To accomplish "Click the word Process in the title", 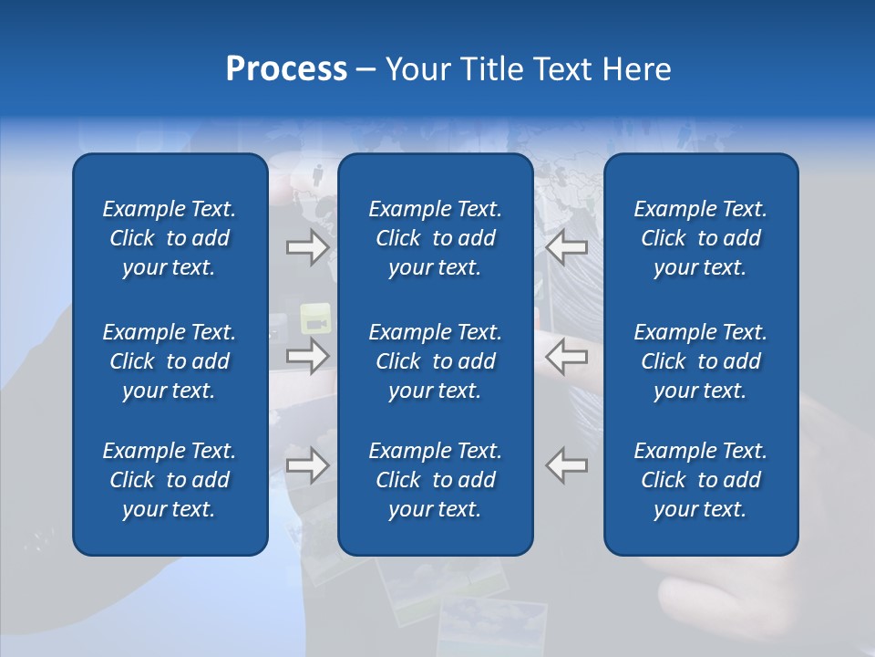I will [x=286, y=69].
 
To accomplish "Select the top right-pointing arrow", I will [x=307, y=247].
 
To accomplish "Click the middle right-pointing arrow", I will [x=307, y=355].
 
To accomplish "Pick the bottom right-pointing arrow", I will [x=307, y=465].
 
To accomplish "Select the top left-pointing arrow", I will [x=567, y=247].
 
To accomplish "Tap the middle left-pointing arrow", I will [x=567, y=355].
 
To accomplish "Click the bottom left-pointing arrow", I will [x=567, y=465].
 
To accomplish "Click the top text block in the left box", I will [x=170, y=238].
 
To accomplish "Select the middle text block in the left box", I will [x=170, y=361].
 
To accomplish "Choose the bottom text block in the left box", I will [x=170, y=480].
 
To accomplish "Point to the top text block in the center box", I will [x=436, y=238].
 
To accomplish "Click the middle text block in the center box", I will [x=436, y=361].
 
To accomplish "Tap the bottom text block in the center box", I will [x=436, y=480].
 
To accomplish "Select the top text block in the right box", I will [x=701, y=238].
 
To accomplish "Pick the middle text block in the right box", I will [x=701, y=361].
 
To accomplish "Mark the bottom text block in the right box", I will [x=701, y=480].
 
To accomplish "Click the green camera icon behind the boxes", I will [x=314, y=319].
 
